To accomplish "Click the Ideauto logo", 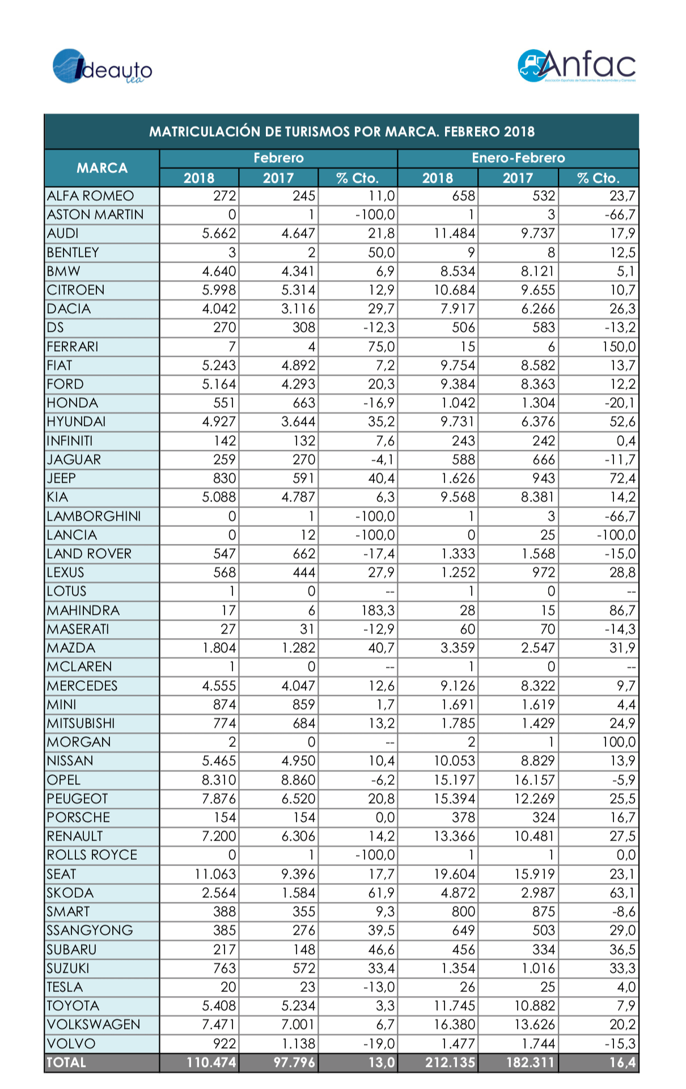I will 102,67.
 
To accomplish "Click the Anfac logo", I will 577,66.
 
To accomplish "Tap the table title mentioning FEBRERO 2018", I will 342,132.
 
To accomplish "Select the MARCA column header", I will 102,168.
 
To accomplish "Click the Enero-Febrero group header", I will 518,158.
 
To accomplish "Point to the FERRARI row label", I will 73,347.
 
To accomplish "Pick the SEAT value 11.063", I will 215,874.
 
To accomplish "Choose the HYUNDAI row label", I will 76,422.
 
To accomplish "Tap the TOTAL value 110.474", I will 211,1062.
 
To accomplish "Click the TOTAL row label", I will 66,1062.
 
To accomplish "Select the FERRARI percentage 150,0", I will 619,347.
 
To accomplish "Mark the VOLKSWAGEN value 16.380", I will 455,1024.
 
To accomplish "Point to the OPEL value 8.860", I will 298,780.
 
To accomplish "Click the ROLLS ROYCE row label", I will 92,855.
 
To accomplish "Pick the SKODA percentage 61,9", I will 382,893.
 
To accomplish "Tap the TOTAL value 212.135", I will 450,1062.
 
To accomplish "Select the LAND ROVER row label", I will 89,554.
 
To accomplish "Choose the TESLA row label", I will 65,987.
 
